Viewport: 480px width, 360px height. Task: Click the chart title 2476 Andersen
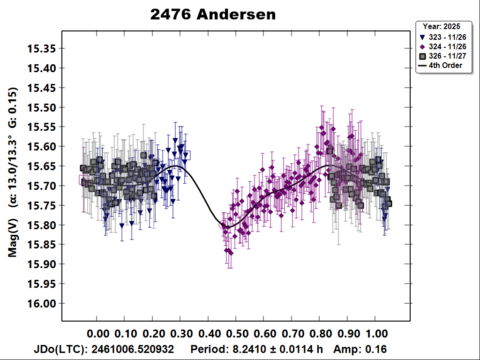tap(213, 15)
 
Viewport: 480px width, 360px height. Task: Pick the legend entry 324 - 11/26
tap(443, 46)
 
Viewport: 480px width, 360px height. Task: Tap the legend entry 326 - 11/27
tap(443, 56)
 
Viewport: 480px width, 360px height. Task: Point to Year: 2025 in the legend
tap(441, 26)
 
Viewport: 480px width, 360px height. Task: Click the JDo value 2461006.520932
tap(133, 350)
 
